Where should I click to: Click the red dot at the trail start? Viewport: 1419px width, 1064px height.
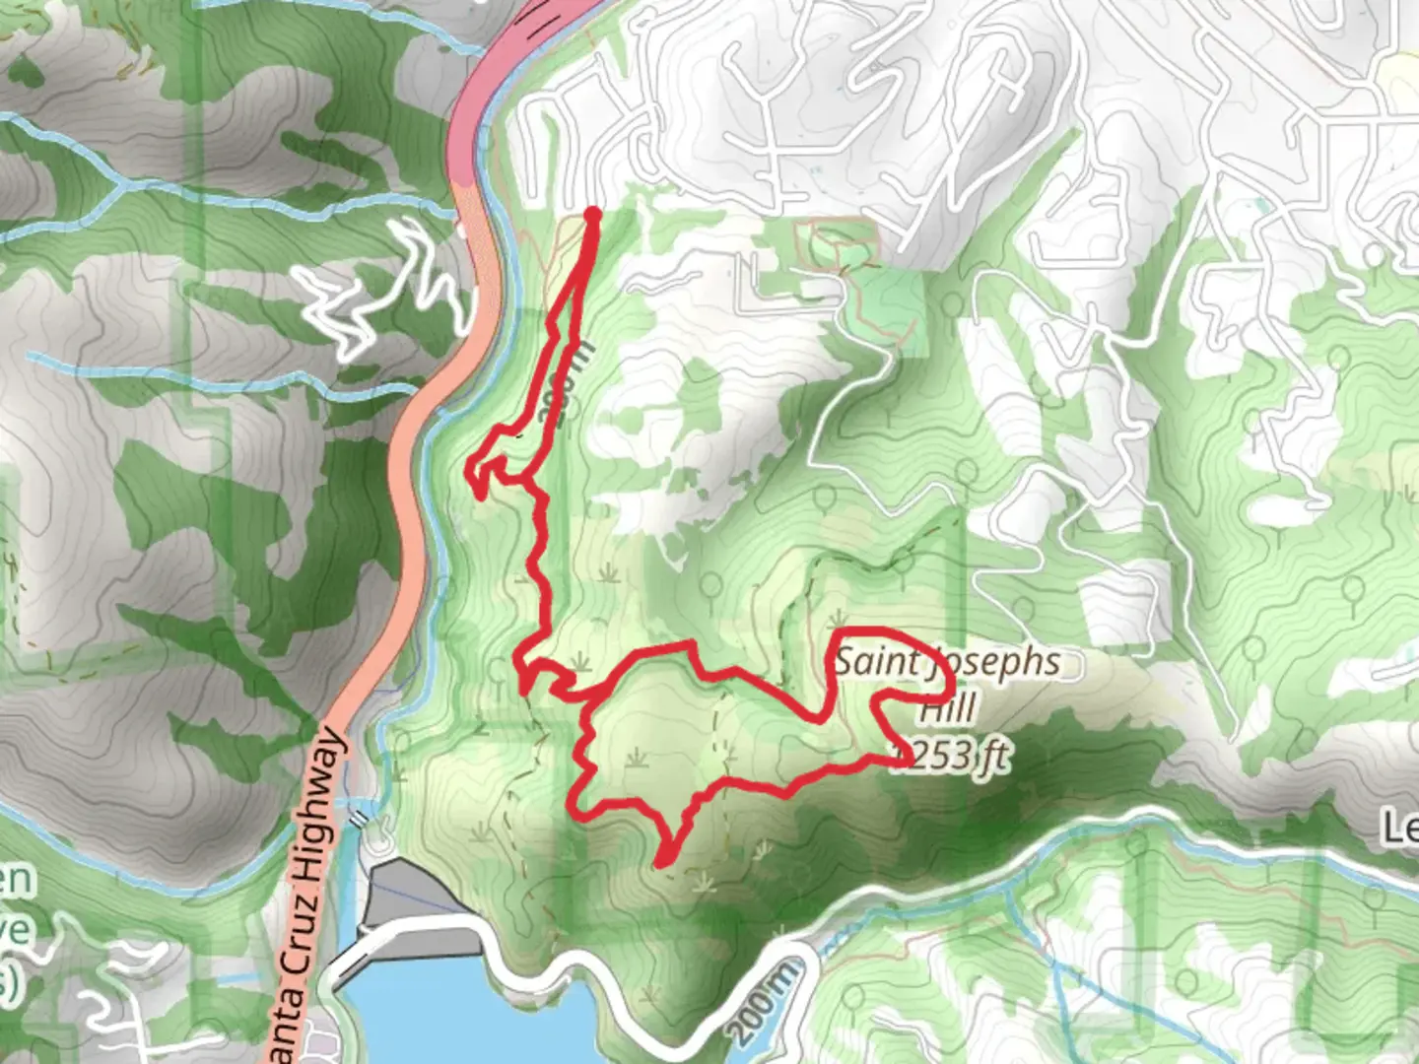click(593, 213)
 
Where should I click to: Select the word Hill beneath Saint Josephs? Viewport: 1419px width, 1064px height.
click(948, 707)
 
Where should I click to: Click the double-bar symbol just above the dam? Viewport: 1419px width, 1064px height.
click(360, 817)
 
